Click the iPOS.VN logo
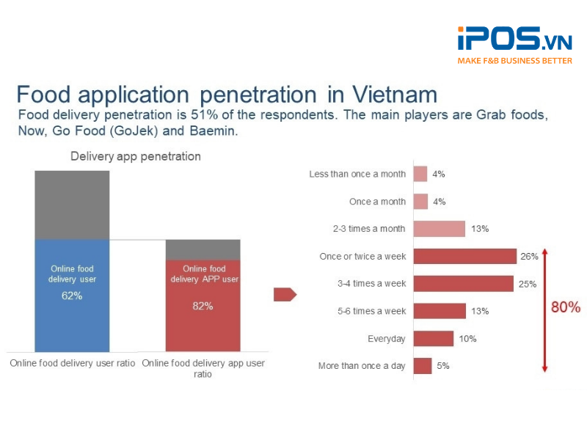click(514, 38)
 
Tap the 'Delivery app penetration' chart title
click(135, 156)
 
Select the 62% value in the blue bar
click(72, 296)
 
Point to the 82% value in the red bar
click(203, 305)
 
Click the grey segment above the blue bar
click(72, 205)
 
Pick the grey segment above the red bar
click(203, 249)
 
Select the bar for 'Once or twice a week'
click(465, 256)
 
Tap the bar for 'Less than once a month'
click(420, 174)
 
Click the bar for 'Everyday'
click(434, 339)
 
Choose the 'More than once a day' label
click(362, 366)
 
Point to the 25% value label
click(528, 284)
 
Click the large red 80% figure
click(566, 307)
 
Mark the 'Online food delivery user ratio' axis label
click(72, 363)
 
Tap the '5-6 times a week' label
click(372, 311)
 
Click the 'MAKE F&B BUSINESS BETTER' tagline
click(514, 61)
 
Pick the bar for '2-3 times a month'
click(439, 229)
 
